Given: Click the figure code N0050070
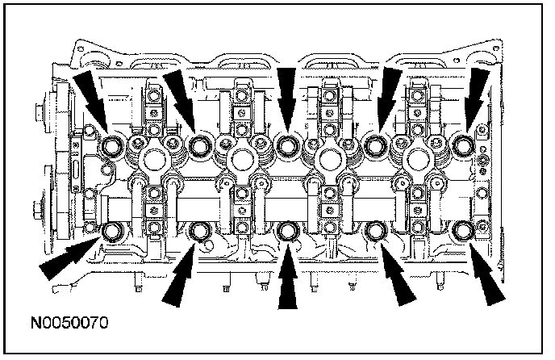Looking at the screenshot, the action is coord(69,323).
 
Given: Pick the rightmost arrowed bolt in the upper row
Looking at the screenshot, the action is coord(463,145).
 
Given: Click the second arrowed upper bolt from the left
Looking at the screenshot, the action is coord(199,145).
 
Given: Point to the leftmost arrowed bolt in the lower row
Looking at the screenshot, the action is coord(112,232).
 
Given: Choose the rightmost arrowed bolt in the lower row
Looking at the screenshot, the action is coord(463,230).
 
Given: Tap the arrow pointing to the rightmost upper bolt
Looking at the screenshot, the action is coord(476,100).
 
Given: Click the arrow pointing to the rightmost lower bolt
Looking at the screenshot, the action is coord(486,274).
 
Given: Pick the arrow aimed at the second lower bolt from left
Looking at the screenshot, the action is coord(178,275).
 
